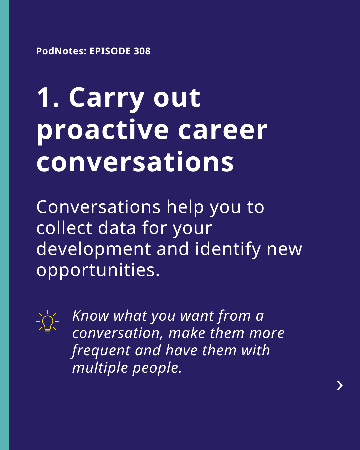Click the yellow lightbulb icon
point(47,322)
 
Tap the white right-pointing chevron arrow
point(340,386)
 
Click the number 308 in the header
point(142,51)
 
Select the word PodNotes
point(61,51)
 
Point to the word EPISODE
point(110,51)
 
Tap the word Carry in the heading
point(107,99)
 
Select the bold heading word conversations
point(135,162)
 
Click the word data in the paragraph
point(117,228)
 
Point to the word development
point(94,250)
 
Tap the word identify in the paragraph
point(228,250)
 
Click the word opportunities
point(98,271)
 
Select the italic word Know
point(91,316)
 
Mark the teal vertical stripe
point(4,225)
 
